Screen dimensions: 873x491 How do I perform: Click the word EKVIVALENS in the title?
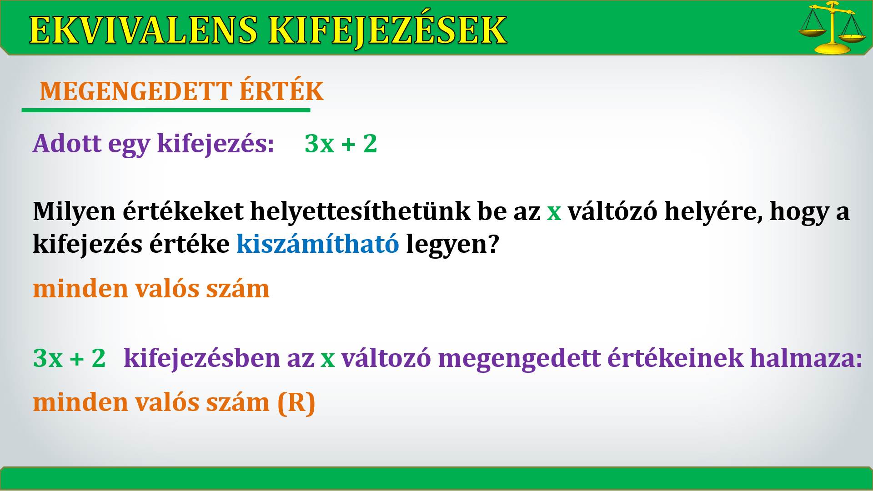point(143,30)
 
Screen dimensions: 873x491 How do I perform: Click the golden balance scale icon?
point(832,27)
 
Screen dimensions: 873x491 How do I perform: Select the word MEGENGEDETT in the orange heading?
point(136,91)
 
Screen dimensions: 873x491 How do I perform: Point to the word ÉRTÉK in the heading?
point(281,90)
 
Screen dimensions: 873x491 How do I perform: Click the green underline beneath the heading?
point(166,110)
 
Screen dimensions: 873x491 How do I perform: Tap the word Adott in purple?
point(67,144)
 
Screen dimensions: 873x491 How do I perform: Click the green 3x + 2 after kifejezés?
point(341,144)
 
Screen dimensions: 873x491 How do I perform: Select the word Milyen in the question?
point(74,212)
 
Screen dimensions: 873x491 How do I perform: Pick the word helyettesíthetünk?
point(360,211)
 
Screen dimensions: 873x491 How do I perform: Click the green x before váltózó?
point(554,213)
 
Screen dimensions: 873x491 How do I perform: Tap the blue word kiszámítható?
point(318,244)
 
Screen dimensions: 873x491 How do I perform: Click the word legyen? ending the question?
point(452,245)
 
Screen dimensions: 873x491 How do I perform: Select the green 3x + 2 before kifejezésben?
point(69,358)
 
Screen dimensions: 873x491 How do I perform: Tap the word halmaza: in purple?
point(806,358)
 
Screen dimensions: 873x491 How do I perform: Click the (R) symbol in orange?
point(296,403)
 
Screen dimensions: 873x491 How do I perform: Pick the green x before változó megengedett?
point(327,360)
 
